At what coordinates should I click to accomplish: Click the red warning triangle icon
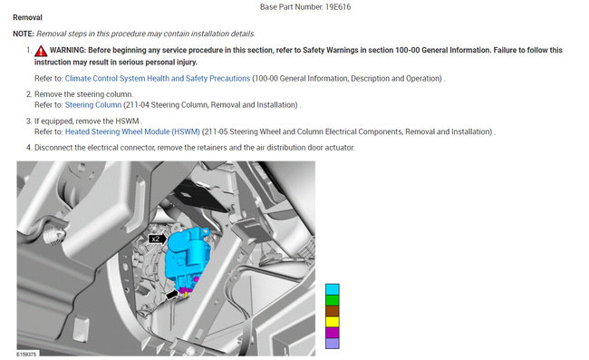click(x=41, y=51)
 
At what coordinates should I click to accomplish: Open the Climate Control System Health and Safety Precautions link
click(x=158, y=78)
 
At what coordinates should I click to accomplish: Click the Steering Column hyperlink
click(x=93, y=105)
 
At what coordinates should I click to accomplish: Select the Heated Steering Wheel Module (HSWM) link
click(x=132, y=131)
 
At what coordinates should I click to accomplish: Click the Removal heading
click(x=27, y=17)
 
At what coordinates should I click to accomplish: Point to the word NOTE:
click(x=24, y=34)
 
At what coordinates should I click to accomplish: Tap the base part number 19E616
click(x=338, y=6)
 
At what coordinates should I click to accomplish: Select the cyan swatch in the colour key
click(x=332, y=289)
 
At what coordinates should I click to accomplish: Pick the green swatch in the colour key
click(x=332, y=300)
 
